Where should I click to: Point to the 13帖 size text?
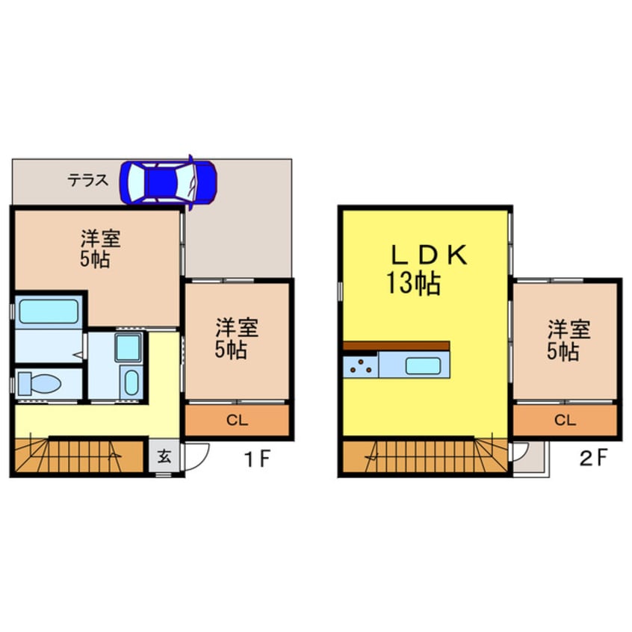point(412,284)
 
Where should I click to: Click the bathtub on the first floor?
point(49,311)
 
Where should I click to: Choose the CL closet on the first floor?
point(237,420)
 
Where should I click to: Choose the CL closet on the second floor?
point(565,420)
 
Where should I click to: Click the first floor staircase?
point(78,456)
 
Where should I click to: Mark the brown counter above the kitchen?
point(397,346)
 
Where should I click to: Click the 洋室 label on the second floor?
point(569,328)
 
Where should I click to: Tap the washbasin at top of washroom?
point(128,347)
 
